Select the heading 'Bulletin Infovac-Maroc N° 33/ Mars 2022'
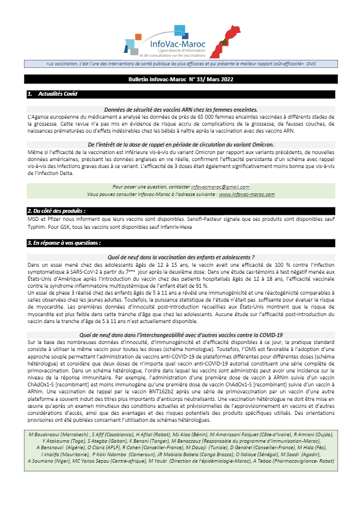[x=181, y=79]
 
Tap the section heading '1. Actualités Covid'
[x=53, y=94]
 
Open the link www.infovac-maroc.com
[x=247, y=194]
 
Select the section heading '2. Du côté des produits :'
[x=60, y=211]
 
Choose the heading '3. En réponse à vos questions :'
[x=65, y=243]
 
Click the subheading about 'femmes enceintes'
[x=181, y=109]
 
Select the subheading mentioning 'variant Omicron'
[x=181, y=145]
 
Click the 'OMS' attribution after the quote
[x=311, y=64]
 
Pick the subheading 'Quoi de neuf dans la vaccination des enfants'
[x=181, y=257]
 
